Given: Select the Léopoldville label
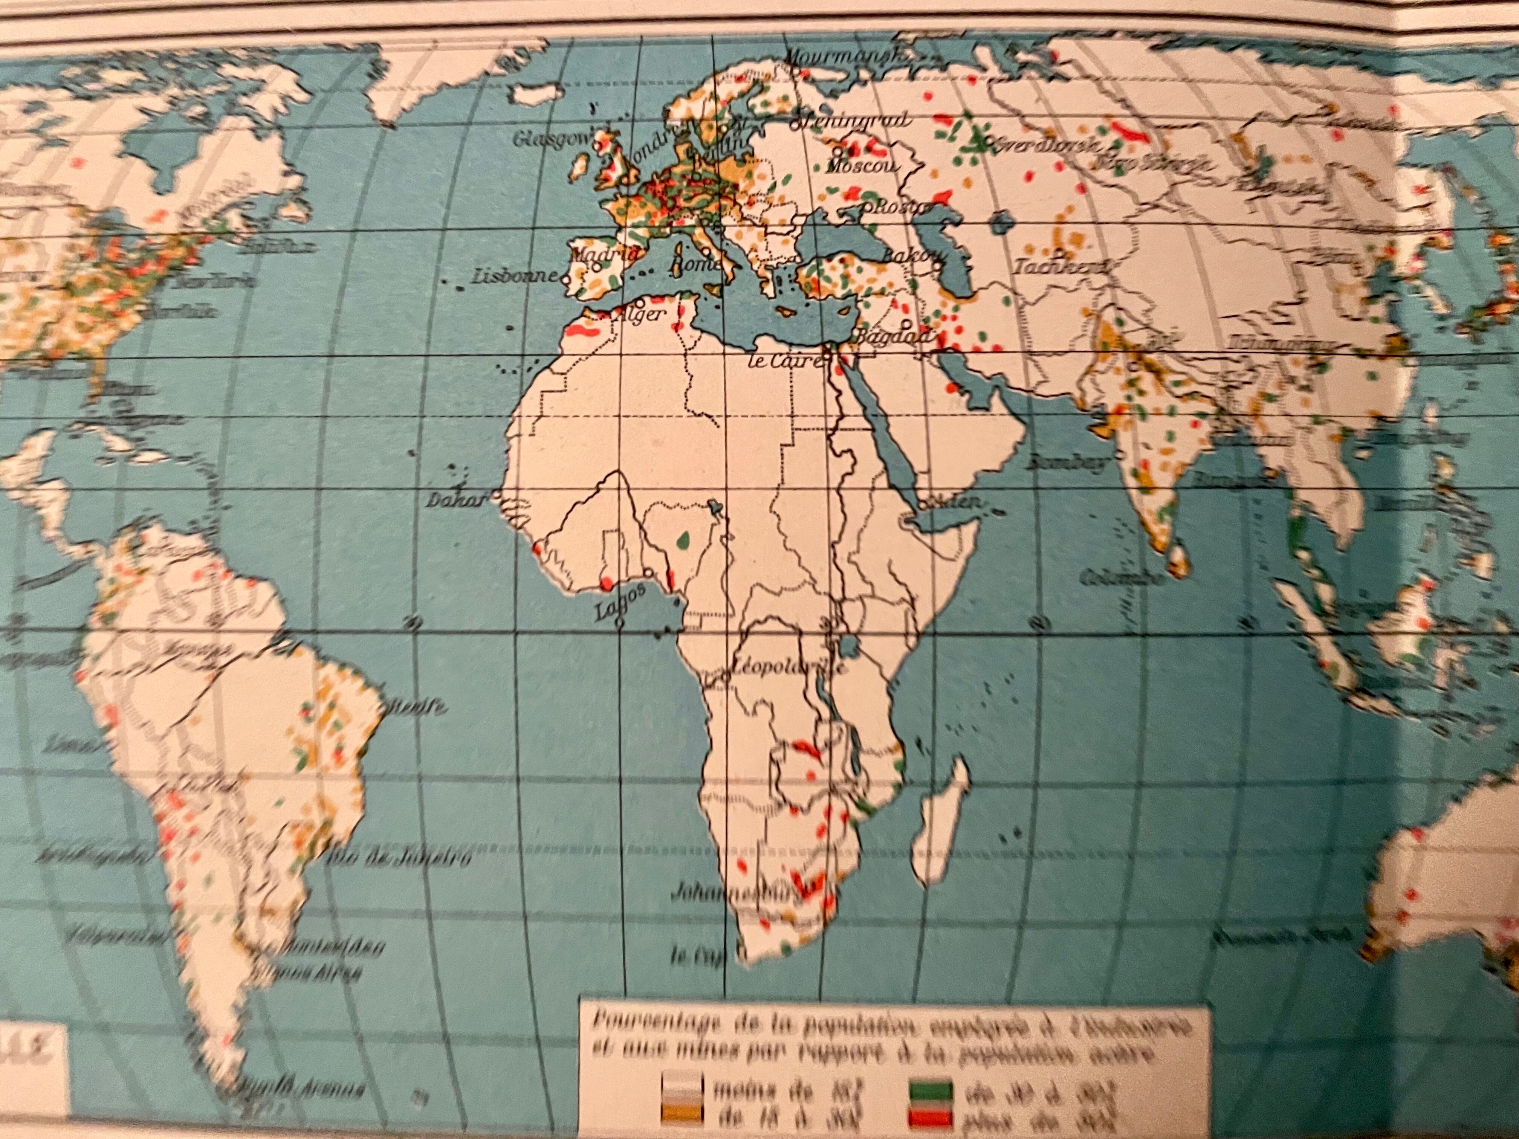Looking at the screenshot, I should point(786,666).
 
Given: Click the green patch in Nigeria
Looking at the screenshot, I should point(683,541).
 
